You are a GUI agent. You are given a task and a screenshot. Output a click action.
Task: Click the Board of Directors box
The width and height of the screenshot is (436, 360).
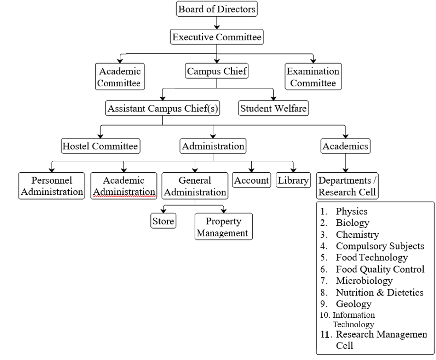[217, 9]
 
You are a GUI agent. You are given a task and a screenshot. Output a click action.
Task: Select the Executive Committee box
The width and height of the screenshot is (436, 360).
[217, 37]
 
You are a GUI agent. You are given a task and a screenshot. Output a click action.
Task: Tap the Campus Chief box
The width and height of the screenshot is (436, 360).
[217, 72]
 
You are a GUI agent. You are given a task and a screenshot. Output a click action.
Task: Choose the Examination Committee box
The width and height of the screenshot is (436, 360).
[313, 77]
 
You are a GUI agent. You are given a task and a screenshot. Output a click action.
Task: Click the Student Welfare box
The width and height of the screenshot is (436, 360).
[273, 108]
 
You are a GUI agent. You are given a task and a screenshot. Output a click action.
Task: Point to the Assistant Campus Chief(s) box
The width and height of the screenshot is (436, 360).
[163, 108]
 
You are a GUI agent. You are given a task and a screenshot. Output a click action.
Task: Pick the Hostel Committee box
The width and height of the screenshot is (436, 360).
[100, 146]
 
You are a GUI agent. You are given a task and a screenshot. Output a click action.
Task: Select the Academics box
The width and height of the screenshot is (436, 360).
[345, 146]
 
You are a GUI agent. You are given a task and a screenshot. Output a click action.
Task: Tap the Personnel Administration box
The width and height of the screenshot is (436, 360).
[52, 186]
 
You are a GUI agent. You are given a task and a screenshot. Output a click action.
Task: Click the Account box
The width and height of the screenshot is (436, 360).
[252, 180]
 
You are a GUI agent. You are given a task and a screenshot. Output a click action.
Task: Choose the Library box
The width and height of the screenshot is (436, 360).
[293, 180]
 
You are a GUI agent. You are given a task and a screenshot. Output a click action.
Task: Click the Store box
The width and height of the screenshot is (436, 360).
[163, 221]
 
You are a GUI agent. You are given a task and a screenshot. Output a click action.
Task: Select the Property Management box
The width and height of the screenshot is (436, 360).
[223, 227]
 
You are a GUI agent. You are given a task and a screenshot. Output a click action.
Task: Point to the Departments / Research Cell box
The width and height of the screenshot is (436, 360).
[347, 186]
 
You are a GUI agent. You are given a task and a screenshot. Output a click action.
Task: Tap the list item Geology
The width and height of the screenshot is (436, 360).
[353, 304]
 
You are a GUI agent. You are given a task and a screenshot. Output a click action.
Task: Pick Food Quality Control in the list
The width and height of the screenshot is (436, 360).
[380, 269]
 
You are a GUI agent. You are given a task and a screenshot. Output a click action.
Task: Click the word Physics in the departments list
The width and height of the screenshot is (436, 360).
[352, 211]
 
